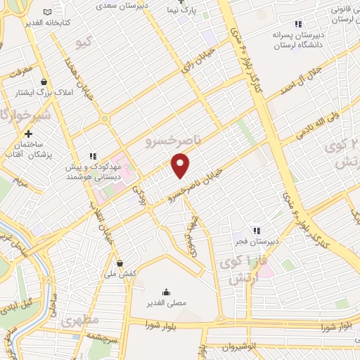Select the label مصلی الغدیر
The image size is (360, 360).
click(x=166, y=302)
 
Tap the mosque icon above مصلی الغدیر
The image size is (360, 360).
click(x=166, y=292)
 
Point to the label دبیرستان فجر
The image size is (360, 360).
click(x=257, y=241)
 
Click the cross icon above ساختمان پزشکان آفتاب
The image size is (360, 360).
click(x=28, y=133)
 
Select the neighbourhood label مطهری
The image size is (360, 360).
click(x=77, y=321)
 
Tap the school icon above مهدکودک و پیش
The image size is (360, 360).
click(x=92, y=156)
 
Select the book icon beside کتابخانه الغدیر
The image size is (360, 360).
click(x=47, y=13)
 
